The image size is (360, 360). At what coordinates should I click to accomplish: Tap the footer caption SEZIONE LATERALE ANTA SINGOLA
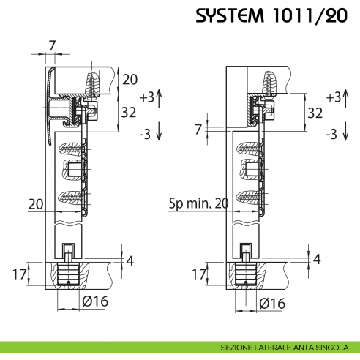(x=287, y=347)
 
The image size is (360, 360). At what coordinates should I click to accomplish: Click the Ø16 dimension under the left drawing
(x=96, y=301)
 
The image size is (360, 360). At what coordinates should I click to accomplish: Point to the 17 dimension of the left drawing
(x=20, y=274)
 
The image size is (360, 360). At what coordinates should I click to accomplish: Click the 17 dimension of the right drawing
(x=198, y=274)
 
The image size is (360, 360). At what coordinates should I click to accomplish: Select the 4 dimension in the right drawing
(x=316, y=259)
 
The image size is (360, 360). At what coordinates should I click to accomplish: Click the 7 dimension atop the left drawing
(x=52, y=46)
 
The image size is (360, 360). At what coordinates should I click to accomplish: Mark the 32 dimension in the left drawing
(x=129, y=113)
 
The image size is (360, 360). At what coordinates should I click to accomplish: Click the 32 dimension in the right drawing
(x=315, y=113)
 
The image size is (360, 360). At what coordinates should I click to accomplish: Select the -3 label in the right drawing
(x=331, y=133)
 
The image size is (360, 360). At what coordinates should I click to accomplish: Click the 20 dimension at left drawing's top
(x=130, y=80)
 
